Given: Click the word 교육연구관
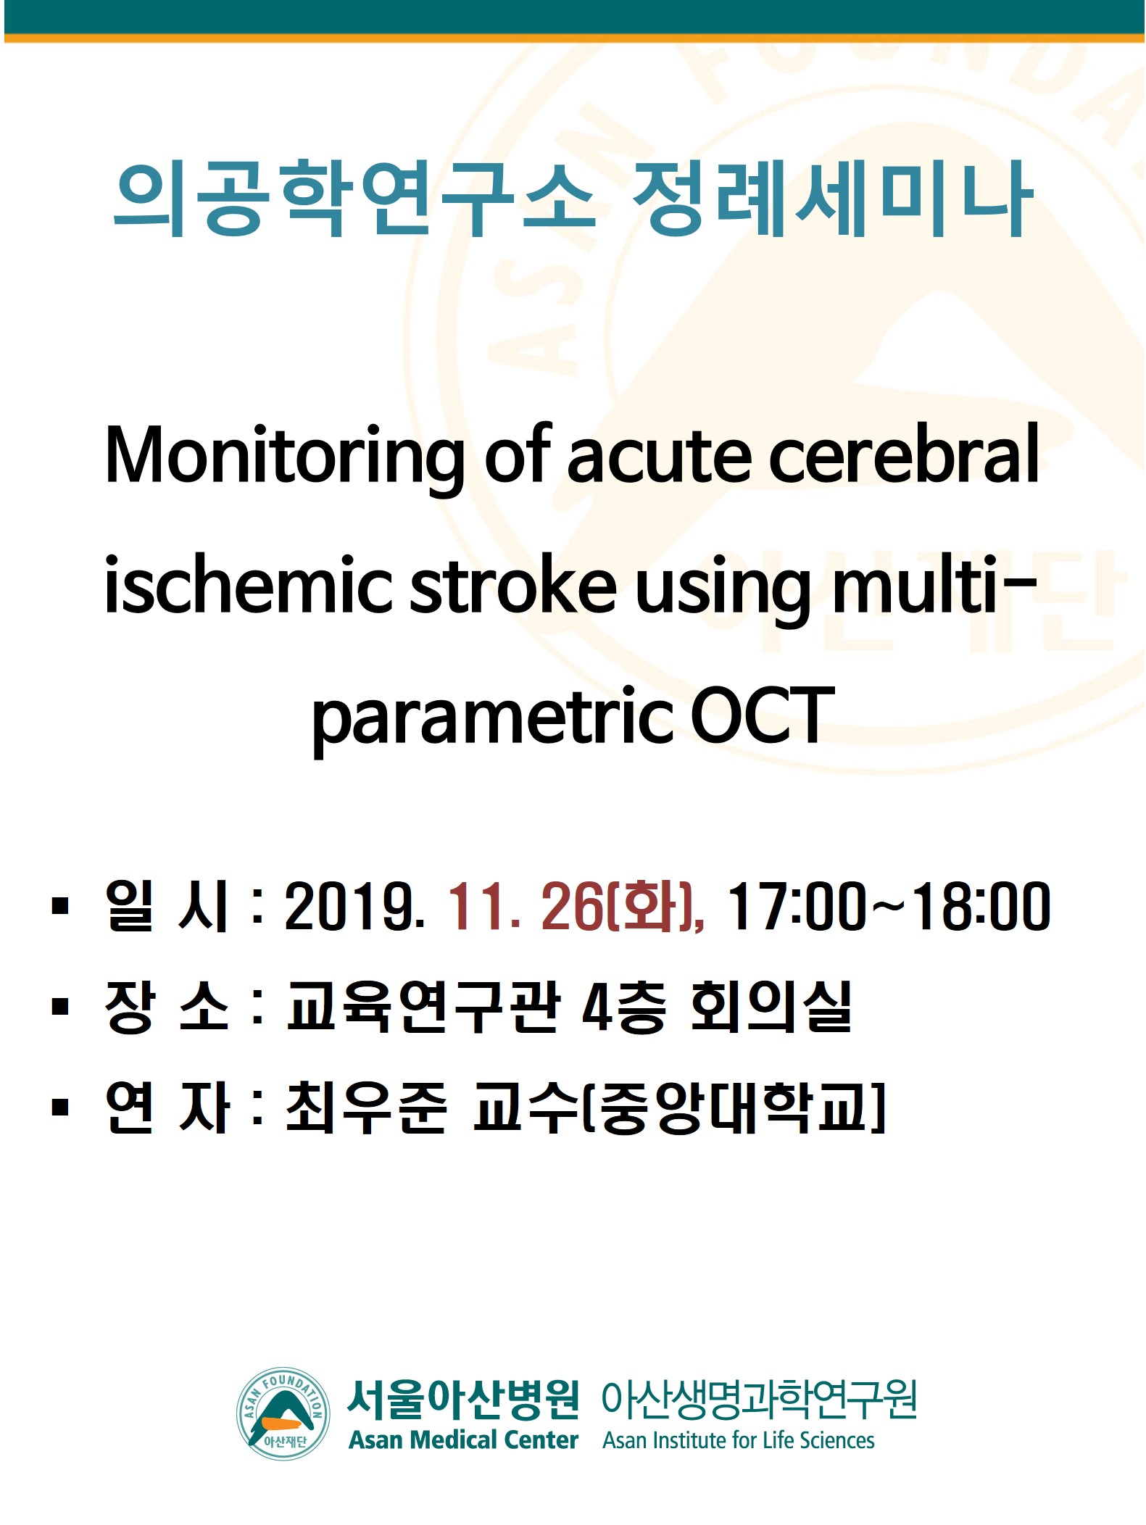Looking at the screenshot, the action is point(423,1006).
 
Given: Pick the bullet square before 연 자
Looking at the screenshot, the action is point(60,1108).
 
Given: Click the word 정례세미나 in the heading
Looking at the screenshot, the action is point(832,199).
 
